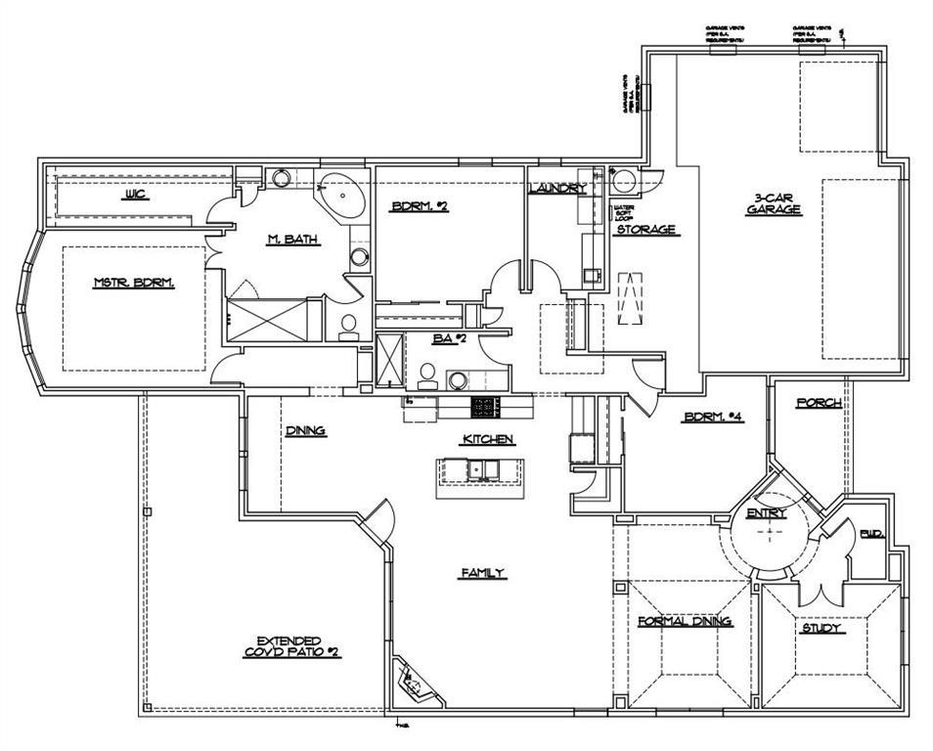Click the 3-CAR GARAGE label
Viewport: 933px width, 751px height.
click(775, 202)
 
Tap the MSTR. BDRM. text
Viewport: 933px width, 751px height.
click(133, 283)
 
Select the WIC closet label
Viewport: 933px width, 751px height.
click(134, 195)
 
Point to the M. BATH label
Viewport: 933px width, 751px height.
click(293, 240)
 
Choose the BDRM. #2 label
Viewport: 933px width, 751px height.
click(420, 206)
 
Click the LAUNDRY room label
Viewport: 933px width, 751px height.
click(557, 188)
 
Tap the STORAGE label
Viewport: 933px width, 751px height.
click(645, 230)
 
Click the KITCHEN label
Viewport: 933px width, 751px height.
click(488, 440)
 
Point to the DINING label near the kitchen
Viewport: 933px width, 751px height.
click(305, 430)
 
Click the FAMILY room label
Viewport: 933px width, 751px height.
click(483, 573)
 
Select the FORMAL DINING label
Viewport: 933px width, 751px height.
click(685, 621)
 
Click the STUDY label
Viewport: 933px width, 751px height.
click(822, 628)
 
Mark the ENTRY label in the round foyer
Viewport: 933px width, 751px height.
click(766, 513)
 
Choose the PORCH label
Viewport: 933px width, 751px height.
click(819, 403)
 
